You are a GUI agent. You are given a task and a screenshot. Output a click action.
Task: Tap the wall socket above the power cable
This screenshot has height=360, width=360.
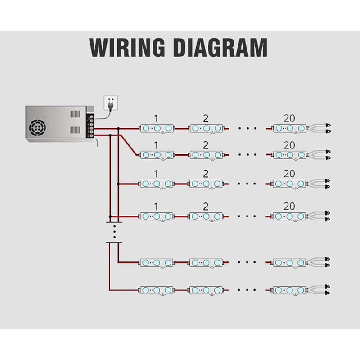click(110, 102)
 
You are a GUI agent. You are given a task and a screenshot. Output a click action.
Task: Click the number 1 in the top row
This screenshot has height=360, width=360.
click(156, 119)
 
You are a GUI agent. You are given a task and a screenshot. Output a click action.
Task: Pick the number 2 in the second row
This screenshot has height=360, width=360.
click(206, 145)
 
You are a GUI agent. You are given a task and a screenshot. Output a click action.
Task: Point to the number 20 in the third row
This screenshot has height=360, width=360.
click(289, 173)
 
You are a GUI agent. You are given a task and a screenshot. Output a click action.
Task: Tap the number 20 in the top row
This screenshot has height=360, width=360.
click(289, 119)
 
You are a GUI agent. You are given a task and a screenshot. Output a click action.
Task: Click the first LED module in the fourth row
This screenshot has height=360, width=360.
click(156, 216)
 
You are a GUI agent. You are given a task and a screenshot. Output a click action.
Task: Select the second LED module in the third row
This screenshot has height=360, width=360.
click(206, 184)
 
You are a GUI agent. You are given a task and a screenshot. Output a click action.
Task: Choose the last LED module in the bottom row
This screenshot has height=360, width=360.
click(289, 289)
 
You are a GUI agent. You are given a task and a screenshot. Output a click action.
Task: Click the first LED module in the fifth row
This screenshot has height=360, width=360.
click(156, 261)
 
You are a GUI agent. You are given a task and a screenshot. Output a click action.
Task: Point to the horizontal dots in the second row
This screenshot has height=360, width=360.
click(247, 155)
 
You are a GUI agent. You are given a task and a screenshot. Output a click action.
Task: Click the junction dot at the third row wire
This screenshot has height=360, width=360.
click(118, 184)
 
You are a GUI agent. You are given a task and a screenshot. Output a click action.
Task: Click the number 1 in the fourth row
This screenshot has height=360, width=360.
click(156, 207)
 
